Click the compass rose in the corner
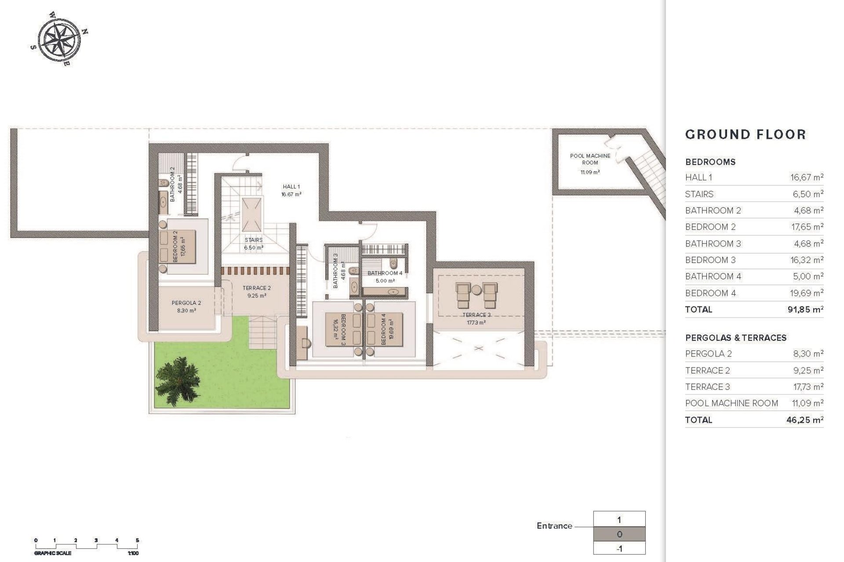[58, 38]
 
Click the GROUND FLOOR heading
[746, 134]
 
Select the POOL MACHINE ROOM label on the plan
[590, 159]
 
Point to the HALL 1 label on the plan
[291, 187]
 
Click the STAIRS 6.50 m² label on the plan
[254, 244]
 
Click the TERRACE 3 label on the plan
[477, 315]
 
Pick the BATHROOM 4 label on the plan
[385, 273]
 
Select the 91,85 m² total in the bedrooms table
[805, 310]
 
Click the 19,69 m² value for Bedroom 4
[807, 293]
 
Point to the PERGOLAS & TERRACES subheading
[736, 338]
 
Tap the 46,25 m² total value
[805, 420]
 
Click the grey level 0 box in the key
[619, 534]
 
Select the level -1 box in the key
[619, 548]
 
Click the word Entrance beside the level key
[554, 526]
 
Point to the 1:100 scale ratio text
[133, 554]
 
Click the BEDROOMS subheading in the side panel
[710, 162]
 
